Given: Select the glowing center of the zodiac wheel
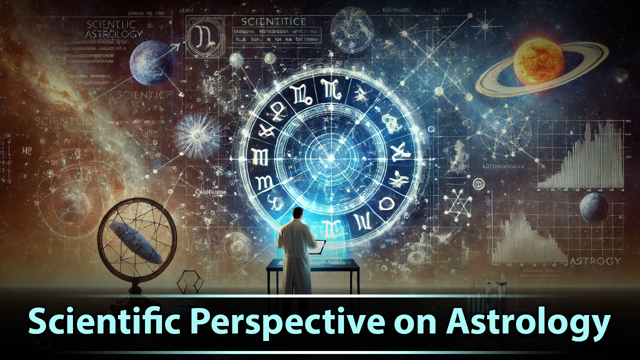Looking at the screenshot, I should click(329, 159).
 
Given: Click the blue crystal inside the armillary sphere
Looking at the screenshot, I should click(135, 242).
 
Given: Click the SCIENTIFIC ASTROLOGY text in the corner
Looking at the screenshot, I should click(114, 29).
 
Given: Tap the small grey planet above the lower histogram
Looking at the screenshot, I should click(594, 208).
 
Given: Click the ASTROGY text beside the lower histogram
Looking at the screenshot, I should click(595, 261).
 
